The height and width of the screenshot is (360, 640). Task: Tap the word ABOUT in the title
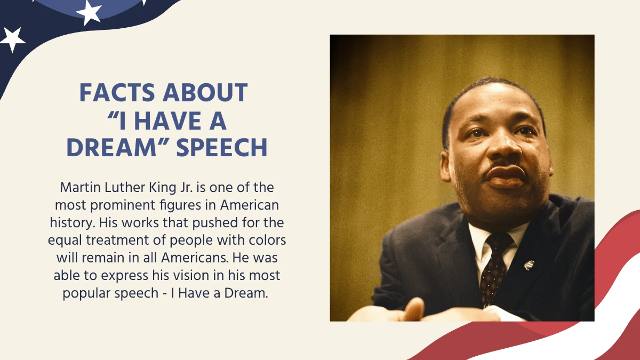pos(205,93)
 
